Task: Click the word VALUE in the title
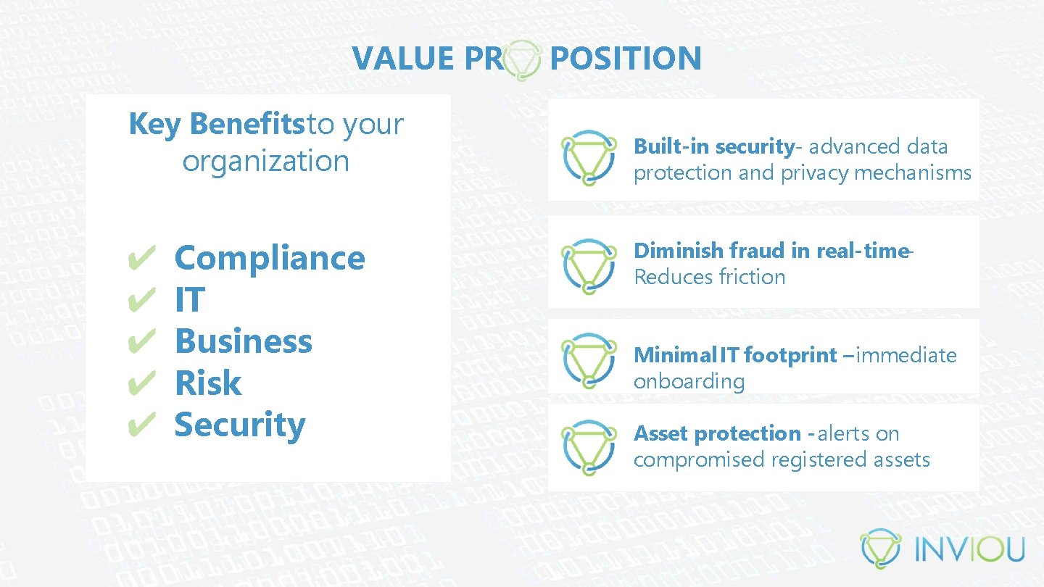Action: click(x=403, y=58)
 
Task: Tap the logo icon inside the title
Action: click(x=522, y=59)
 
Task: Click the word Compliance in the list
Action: click(x=270, y=258)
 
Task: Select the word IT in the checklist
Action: click(x=190, y=300)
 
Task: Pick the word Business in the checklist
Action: click(x=244, y=341)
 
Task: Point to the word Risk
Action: click(x=208, y=383)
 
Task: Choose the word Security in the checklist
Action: click(x=240, y=425)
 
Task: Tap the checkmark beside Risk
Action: click(x=144, y=382)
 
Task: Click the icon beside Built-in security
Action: click(x=589, y=157)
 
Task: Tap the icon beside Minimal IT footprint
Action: click(x=589, y=360)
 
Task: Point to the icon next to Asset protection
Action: click(x=589, y=447)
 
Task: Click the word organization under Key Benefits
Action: click(x=265, y=161)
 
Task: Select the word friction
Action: click(x=752, y=277)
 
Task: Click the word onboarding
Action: click(x=689, y=381)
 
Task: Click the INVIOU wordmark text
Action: click(x=969, y=549)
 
